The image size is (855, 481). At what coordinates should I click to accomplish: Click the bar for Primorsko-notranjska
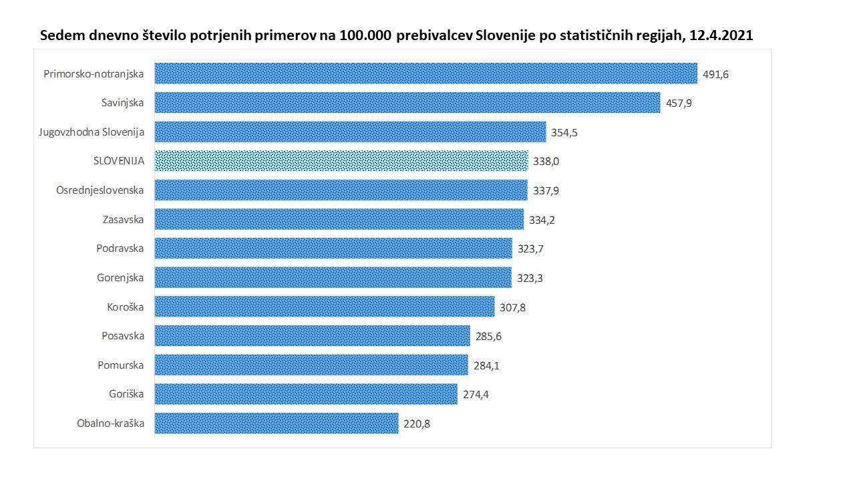pyautogui.click(x=425, y=73)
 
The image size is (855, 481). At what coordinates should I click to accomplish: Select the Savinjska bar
pyautogui.click(x=407, y=103)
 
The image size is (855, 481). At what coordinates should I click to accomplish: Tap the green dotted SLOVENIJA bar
pyautogui.click(x=341, y=161)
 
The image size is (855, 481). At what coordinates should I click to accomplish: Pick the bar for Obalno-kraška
pyautogui.click(x=277, y=423)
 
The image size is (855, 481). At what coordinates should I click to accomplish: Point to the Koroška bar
pyautogui.click(x=325, y=307)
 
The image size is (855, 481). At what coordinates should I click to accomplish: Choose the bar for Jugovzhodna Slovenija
pyautogui.click(x=350, y=132)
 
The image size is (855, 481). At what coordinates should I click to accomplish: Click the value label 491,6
pyautogui.click(x=715, y=74)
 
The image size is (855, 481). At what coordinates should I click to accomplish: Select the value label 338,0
pyautogui.click(x=546, y=162)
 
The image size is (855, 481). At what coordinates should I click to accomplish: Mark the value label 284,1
pyautogui.click(x=486, y=365)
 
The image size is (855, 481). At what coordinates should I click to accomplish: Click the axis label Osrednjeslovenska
pyautogui.click(x=100, y=190)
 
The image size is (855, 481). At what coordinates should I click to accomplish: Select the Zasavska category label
pyautogui.click(x=124, y=219)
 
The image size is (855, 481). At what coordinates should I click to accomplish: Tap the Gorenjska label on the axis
pyautogui.click(x=120, y=277)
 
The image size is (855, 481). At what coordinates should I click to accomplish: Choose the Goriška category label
pyautogui.click(x=126, y=393)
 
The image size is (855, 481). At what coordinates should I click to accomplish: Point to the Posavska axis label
pyautogui.click(x=123, y=335)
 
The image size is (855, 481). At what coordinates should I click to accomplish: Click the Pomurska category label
pyautogui.click(x=122, y=365)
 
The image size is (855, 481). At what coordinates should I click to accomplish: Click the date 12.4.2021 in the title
pyautogui.click(x=721, y=35)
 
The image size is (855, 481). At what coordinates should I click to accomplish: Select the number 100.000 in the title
pyautogui.click(x=365, y=35)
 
